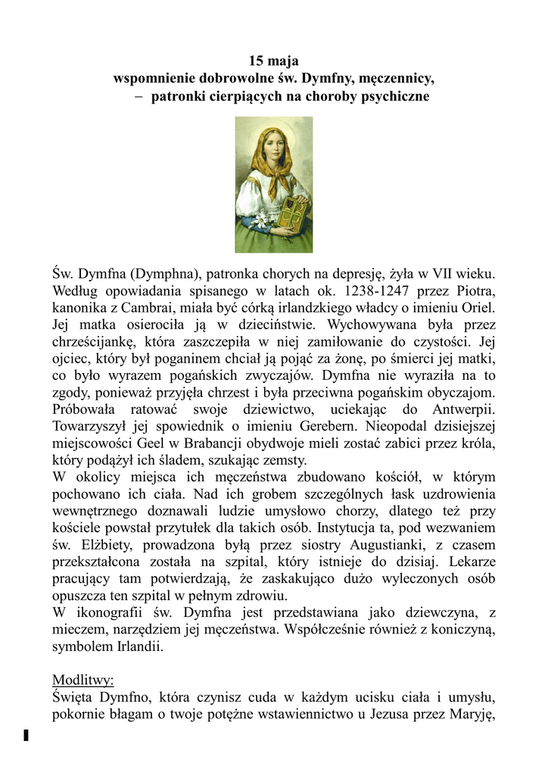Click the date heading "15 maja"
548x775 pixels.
(274, 61)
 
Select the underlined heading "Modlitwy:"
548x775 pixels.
(82, 680)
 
